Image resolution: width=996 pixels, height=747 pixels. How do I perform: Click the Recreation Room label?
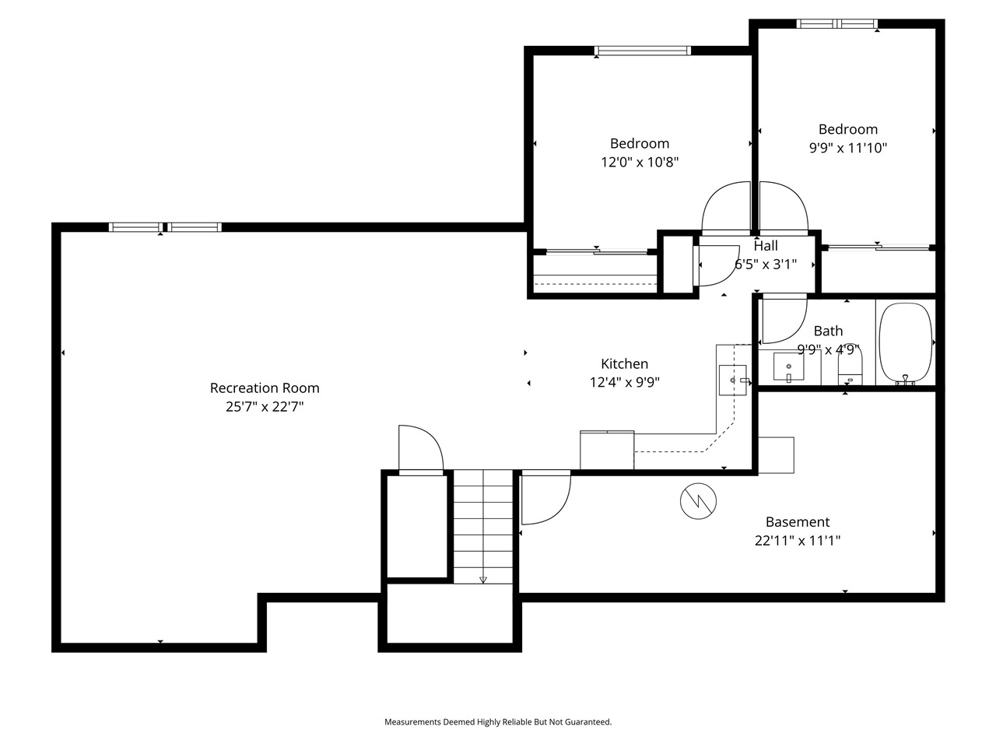(265, 388)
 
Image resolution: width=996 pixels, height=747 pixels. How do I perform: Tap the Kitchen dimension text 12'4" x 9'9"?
(624, 382)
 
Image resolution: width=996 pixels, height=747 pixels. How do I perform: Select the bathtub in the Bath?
(905, 343)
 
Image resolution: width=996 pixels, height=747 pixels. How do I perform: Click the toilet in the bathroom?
(850, 364)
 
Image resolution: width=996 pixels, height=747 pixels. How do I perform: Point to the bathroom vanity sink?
(789, 366)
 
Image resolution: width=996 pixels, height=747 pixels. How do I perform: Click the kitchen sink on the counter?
(733, 380)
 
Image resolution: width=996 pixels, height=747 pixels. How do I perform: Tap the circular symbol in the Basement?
(698, 501)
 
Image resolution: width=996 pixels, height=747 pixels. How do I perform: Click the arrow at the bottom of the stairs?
(482, 580)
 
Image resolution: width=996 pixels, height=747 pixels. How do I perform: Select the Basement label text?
(798, 521)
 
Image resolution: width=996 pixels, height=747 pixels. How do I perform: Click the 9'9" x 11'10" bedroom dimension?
(847, 148)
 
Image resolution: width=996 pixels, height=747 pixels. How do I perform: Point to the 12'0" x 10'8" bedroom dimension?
(640, 162)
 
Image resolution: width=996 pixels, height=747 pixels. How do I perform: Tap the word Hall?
(766, 245)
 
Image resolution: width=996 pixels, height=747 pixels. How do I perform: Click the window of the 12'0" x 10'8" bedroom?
(643, 51)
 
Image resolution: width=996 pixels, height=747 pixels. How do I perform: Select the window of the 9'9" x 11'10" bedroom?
(836, 23)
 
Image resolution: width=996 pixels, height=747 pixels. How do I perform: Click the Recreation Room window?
(165, 226)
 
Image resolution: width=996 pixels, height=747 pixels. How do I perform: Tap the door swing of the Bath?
(784, 318)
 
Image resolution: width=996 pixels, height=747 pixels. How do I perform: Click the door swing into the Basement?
(546, 497)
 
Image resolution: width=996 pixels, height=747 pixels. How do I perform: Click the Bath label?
(828, 331)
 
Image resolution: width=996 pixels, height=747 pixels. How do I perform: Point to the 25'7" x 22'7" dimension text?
(265, 406)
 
